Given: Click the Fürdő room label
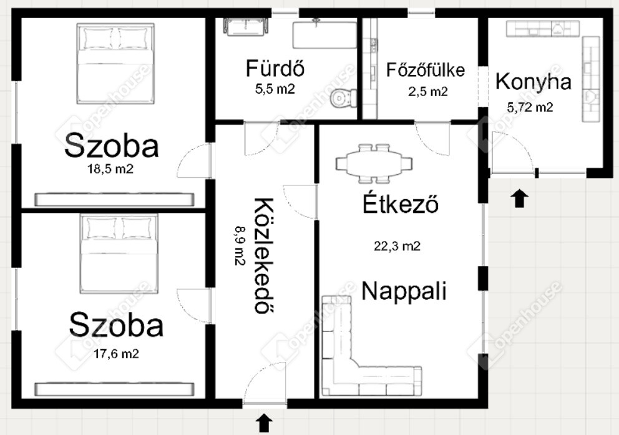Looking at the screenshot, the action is pos(275,68).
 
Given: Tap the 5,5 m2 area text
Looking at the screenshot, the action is pos(275,89).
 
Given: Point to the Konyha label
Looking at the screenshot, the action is pos(534,82).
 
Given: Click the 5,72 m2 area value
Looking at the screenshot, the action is pos(530,107).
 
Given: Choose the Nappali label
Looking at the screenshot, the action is pos(404,291).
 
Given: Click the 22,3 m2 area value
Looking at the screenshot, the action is pos(397,247).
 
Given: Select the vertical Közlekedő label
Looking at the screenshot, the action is pos(263,255).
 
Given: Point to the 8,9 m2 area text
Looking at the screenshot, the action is pos(240,245).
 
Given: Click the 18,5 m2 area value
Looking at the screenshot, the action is pos(110,169).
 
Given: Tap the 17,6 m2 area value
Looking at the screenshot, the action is pos(116,354).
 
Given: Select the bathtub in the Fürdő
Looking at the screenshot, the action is pos(324,35).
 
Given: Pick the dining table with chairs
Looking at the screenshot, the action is pos(374,164).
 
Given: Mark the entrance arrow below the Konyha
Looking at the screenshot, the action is pos(520,198).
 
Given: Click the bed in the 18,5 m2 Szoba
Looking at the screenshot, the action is pos(115,63).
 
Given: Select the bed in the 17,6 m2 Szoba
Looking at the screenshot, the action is pos(119,253).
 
